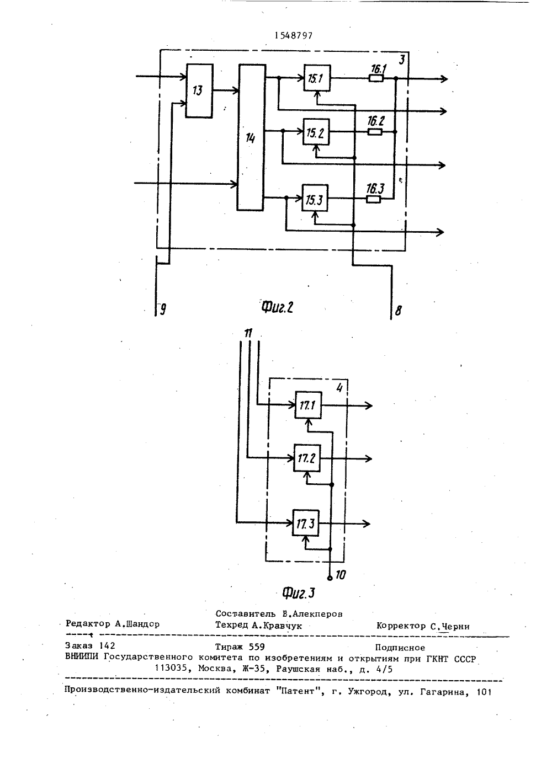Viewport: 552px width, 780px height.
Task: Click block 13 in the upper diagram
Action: click(x=199, y=90)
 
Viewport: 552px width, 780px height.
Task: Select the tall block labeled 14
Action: click(x=251, y=137)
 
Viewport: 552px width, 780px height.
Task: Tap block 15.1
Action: click(x=317, y=78)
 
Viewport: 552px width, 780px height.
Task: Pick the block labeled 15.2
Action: click(x=316, y=132)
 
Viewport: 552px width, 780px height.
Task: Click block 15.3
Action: click(x=315, y=198)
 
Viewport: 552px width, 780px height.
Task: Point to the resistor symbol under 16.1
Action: click(x=376, y=79)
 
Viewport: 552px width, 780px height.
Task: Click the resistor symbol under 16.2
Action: click(x=375, y=132)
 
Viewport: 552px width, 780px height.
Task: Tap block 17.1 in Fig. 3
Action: click(x=309, y=405)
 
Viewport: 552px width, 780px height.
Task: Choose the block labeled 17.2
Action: click(x=307, y=458)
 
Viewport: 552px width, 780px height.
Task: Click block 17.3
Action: click(x=306, y=523)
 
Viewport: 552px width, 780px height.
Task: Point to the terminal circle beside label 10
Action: click(x=330, y=579)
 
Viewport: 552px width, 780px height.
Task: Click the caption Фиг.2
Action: click(x=278, y=307)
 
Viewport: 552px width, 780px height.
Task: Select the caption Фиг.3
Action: click(x=299, y=592)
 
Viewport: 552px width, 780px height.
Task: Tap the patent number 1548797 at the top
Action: click(x=294, y=35)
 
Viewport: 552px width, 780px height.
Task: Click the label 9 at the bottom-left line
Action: click(x=162, y=309)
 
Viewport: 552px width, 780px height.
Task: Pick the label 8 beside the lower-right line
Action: click(x=398, y=310)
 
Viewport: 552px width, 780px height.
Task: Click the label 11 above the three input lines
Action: click(x=248, y=333)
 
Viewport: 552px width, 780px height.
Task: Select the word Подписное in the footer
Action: click(x=400, y=648)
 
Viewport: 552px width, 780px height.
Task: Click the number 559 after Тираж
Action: click(x=257, y=647)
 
